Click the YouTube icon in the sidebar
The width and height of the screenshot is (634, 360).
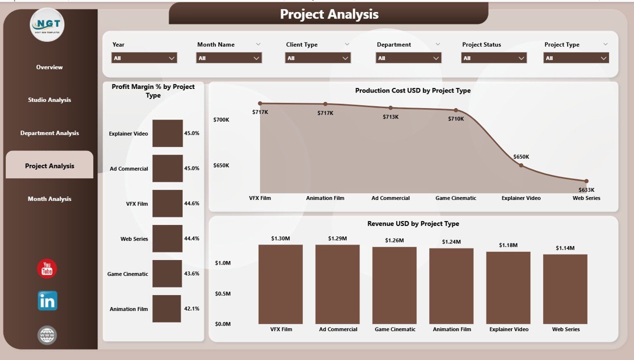47,269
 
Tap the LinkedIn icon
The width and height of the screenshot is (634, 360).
47,301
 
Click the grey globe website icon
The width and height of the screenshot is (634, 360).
47,335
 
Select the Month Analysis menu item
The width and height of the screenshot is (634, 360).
49,199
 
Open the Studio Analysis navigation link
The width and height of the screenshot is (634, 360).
49,100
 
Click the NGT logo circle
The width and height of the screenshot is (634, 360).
47,24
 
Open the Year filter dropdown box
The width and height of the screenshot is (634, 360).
144,58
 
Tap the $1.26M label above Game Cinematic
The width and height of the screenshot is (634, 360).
394,240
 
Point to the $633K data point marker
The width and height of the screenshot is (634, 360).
586,181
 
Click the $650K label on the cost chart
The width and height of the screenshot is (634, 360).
521,157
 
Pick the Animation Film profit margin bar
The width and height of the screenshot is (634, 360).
166,308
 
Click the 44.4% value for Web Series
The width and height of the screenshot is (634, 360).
192,238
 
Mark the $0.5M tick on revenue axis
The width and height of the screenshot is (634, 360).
223,293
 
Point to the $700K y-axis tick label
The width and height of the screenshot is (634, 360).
221,120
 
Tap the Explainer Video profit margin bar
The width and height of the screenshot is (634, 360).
167,133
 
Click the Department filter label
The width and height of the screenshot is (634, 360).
394,44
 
